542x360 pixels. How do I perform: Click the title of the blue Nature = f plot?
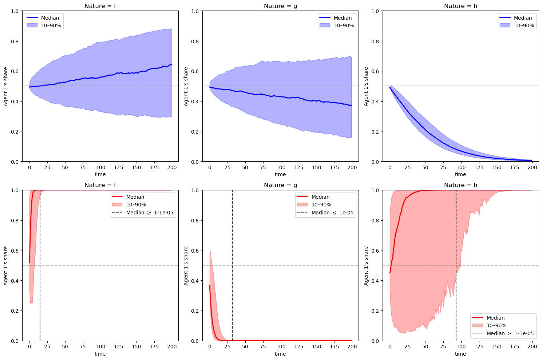(x=100, y=6)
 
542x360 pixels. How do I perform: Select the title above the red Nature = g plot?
(x=280, y=185)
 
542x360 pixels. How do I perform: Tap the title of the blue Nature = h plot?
(x=460, y=6)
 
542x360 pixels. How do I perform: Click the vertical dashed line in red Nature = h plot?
(x=456, y=255)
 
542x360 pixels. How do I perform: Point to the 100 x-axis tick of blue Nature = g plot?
(x=281, y=167)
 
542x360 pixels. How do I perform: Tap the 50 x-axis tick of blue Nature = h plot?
(x=425, y=167)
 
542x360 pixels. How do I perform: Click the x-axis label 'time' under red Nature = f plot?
(x=100, y=354)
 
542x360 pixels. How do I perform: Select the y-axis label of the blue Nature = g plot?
(x=186, y=86)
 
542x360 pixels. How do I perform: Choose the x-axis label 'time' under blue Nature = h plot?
(x=460, y=174)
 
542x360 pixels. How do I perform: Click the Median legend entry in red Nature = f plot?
(x=135, y=197)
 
